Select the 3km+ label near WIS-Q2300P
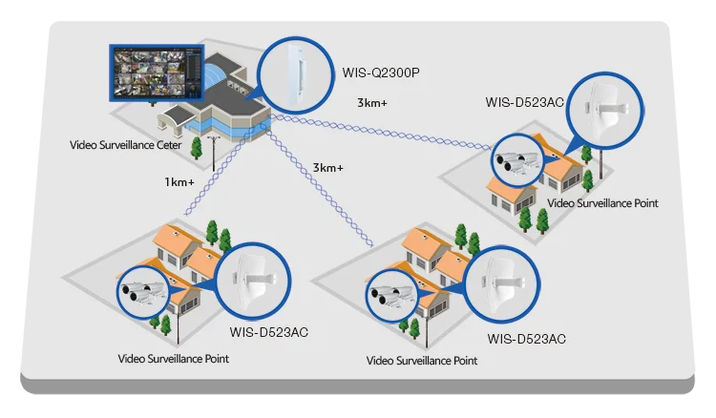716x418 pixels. [x=373, y=102]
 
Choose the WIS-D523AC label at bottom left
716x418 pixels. [x=269, y=332]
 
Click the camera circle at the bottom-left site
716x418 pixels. [x=142, y=295]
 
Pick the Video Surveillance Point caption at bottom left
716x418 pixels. [x=173, y=359]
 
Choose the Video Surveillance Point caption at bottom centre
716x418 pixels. [x=422, y=361]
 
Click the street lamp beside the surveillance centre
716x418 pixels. [x=211, y=147]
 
